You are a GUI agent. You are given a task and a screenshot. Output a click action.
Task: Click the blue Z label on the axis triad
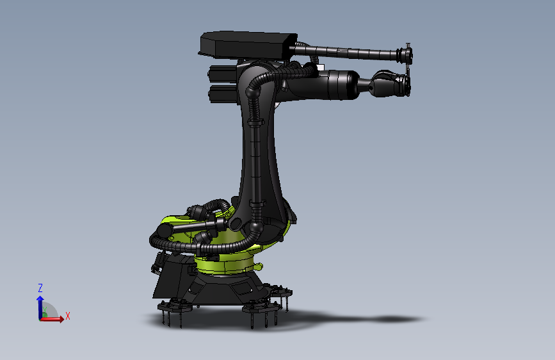pyautogui.click(x=40, y=288)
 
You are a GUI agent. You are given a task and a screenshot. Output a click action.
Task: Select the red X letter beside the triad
pyautogui.click(x=67, y=316)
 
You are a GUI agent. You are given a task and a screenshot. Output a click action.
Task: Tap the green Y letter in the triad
pyautogui.click(x=46, y=311)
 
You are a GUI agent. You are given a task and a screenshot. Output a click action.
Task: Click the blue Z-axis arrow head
pyautogui.click(x=40, y=299)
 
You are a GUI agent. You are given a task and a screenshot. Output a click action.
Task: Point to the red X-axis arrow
pyautogui.click(x=56, y=319)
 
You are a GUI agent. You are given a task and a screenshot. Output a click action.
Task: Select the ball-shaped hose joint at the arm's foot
pyautogui.click(x=257, y=227)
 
